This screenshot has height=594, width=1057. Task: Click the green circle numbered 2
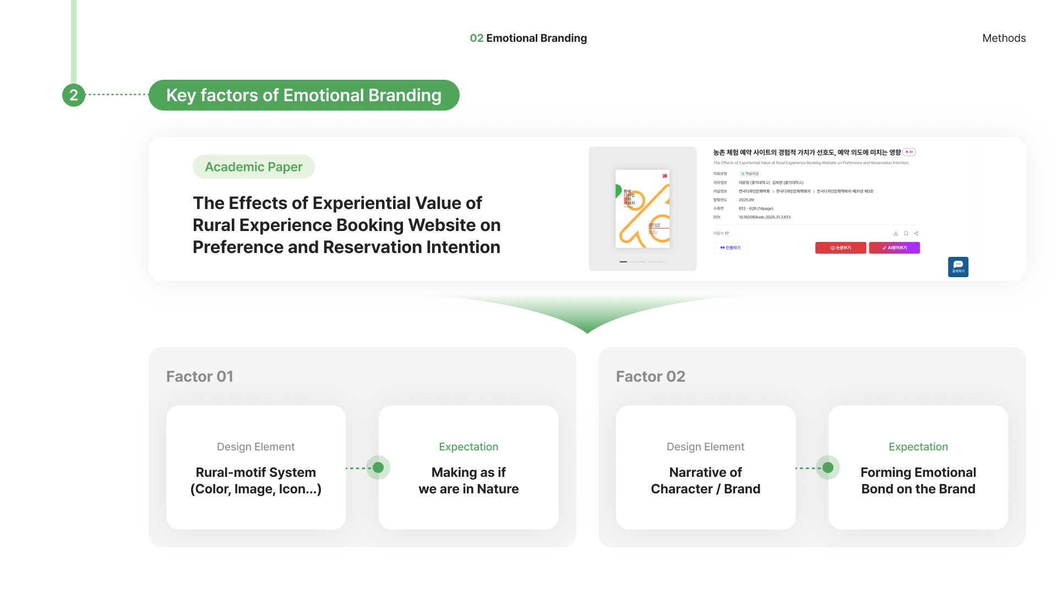74,95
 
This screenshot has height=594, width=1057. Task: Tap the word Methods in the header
1004,38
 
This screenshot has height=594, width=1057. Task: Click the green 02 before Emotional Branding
476,38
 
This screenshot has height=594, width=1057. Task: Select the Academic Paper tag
253,167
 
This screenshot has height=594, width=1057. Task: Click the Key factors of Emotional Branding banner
304,95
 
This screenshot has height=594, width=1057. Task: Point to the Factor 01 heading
200,376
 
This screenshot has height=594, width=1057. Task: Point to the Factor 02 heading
650,376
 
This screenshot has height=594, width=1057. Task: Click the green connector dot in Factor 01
378,468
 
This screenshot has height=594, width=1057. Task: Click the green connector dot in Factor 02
828,468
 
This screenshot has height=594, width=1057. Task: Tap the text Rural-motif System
256,472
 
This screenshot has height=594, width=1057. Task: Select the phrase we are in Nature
468,489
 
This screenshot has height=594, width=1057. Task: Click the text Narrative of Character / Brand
705,481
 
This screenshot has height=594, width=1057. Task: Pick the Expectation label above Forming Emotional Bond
918,447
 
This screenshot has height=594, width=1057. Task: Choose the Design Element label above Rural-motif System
256,447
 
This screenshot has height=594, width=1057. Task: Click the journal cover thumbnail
642,208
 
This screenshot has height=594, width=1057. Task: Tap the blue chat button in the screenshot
958,267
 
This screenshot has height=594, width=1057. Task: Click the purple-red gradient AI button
894,248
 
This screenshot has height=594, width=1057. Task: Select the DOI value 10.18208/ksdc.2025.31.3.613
765,217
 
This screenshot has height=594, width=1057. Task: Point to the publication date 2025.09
746,200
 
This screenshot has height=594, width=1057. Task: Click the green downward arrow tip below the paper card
587,330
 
